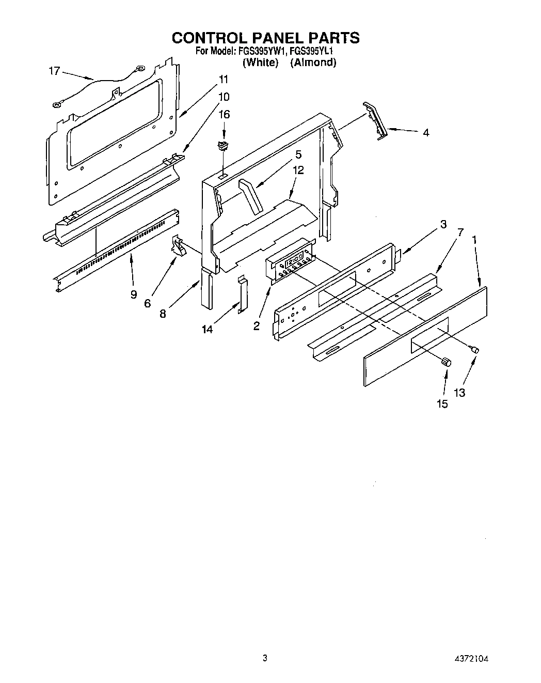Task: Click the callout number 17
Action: [54, 71]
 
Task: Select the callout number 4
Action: [425, 133]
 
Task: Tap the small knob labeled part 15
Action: [447, 362]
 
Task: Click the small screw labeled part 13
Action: [474, 350]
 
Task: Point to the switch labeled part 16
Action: [224, 146]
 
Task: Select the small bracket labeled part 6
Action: [179, 246]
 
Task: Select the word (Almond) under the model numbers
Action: [313, 63]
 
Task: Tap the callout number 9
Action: [134, 294]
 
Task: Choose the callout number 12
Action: [298, 170]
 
